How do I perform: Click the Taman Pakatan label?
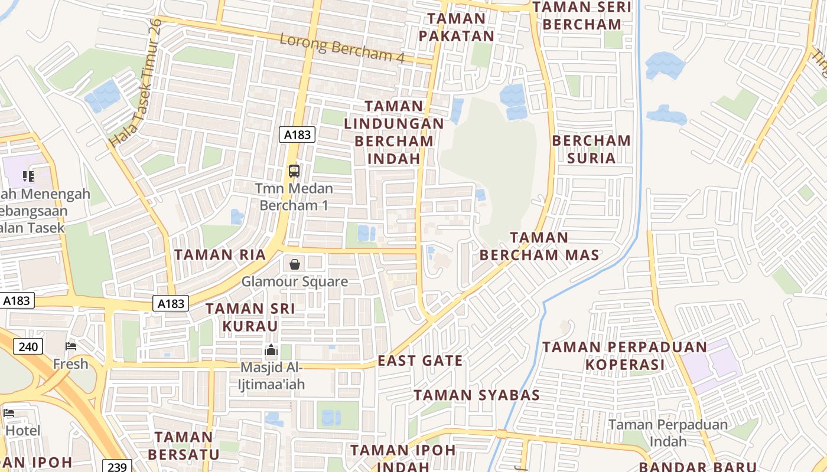tap(456, 27)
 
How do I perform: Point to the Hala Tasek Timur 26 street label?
tap(136, 83)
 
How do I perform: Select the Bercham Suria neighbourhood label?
tap(591, 149)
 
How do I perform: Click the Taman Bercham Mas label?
tap(539, 246)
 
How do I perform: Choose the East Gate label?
tap(420, 360)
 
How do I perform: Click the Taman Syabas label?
tap(477, 395)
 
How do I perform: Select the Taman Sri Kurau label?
tap(250, 317)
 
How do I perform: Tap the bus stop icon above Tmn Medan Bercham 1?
tap(294, 171)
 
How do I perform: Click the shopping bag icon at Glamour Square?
tap(294, 264)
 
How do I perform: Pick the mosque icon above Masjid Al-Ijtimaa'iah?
tap(271, 350)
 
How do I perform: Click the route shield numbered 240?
tap(28, 346)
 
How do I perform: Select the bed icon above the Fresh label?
tap(71, 346)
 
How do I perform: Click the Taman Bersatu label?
tap(183, 445)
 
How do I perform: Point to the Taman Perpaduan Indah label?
tap(668, 432)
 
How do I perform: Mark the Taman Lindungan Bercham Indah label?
tap(394, 132)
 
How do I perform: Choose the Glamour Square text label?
tap(294, 281)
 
